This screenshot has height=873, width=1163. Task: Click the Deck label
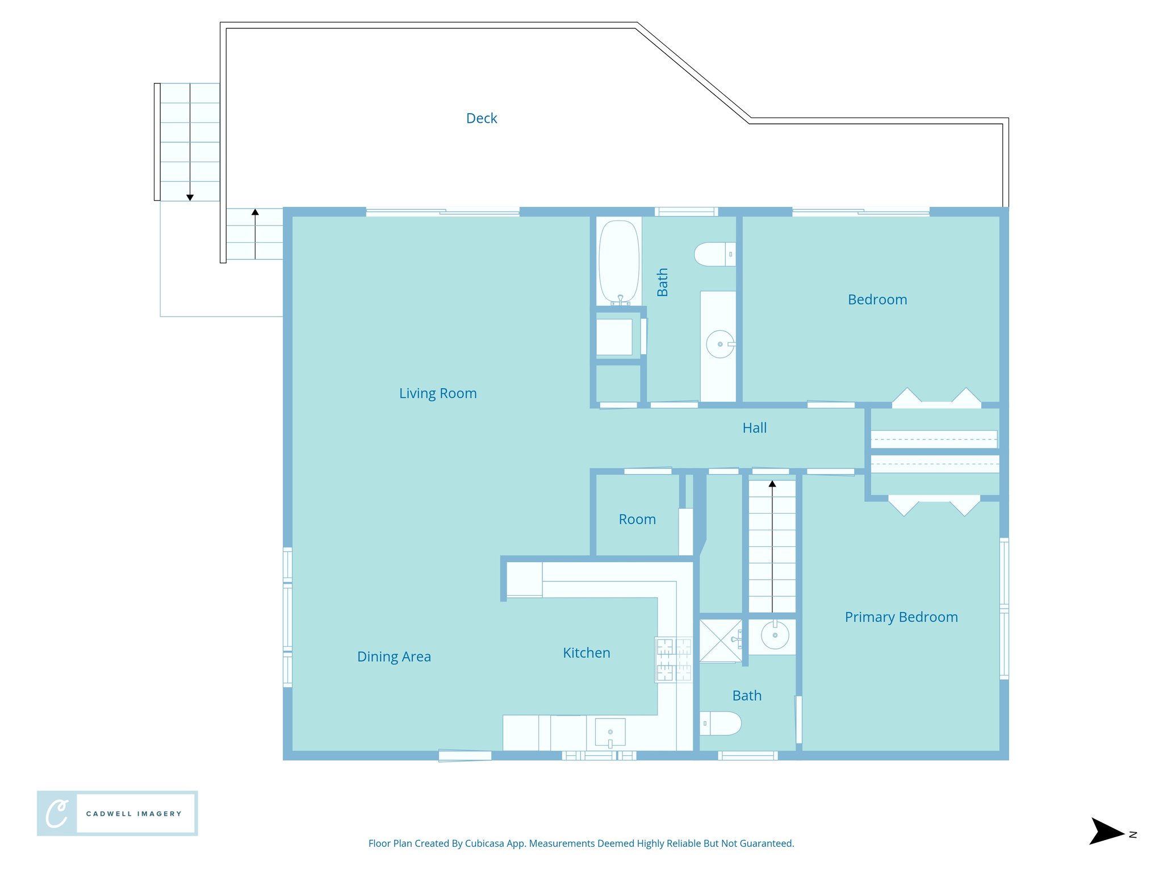pyautogui.click(x=482, y=118)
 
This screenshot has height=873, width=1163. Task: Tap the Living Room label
pyautogui.click(x=438, y=393)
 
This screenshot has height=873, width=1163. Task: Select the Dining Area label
pyautogui.click(x=394, y=656)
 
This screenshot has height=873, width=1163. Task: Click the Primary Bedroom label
pyautogui.click(x=901, y=617)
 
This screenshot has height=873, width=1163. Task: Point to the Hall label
pyautogui.click(x=754, y=428)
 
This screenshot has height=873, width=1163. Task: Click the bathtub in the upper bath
pyautogui.click(x=619, y=261)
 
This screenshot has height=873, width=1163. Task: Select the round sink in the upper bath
pyautogui.click(x=719, y=344)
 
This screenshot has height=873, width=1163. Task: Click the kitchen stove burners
pyautogui.click(x=673, y=659)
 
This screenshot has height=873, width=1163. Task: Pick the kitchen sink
pyautogui.click(x=610, y=732)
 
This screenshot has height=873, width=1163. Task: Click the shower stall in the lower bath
pyautogui.click(x=720, y=641)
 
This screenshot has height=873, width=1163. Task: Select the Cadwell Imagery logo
pyautogui.click(x=117, y=813)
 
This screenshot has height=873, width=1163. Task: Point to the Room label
pyautogui.click(x=637, y=519)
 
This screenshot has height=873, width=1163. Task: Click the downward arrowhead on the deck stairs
pyautogui.click(x=190, y=197)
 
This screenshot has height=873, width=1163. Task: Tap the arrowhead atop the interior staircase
pyautogui.click(x=772, y=484)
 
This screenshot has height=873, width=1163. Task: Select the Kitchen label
pyautogui.click(x=587, y=653)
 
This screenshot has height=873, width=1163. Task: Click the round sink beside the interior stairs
pyautogui.click(x=775, y=635)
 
